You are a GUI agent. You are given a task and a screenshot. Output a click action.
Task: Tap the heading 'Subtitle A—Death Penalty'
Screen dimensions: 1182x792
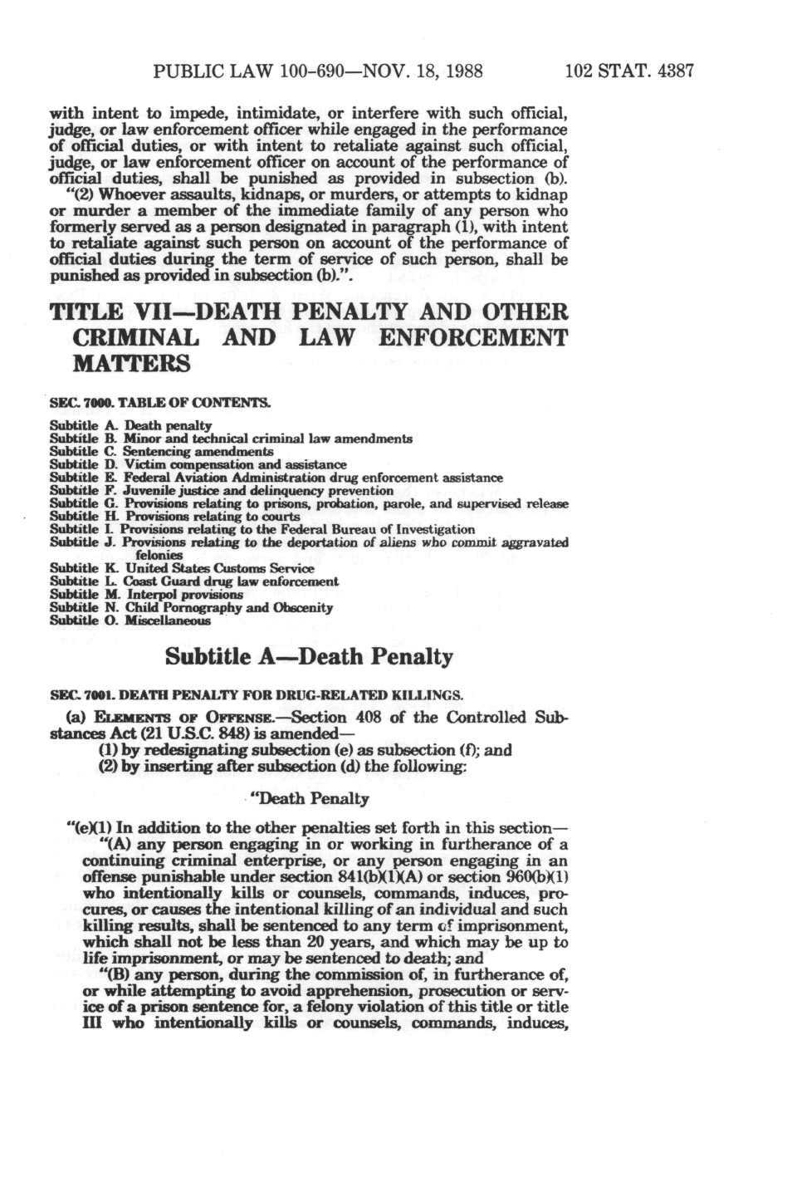tap(309, 657)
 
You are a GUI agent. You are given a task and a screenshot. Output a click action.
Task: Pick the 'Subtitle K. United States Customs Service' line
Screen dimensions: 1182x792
tap(182, 569)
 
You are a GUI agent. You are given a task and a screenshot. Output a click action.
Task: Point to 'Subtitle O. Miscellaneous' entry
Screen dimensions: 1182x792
tap(130, 620)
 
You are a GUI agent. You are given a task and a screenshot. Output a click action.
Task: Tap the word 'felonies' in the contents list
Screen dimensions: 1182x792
tap(159, 555)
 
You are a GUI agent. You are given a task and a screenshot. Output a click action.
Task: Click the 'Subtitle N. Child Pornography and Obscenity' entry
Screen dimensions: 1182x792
tap(191, 607)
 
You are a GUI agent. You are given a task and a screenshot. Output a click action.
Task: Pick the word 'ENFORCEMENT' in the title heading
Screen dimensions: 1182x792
tap(472, 338)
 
